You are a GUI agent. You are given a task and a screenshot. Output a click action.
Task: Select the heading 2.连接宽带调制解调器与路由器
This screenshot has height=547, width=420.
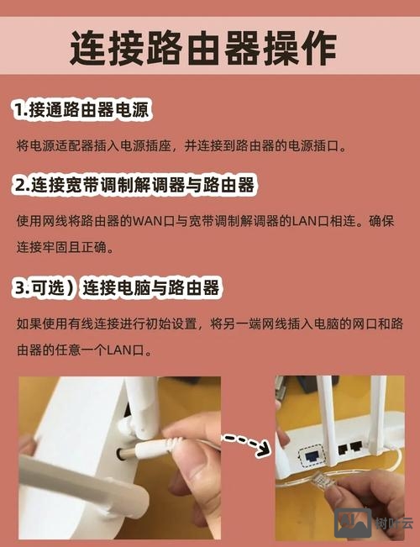134,184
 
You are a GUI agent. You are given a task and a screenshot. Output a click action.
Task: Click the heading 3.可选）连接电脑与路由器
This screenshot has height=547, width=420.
117,287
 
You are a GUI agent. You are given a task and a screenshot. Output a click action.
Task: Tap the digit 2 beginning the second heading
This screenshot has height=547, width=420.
18,184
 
